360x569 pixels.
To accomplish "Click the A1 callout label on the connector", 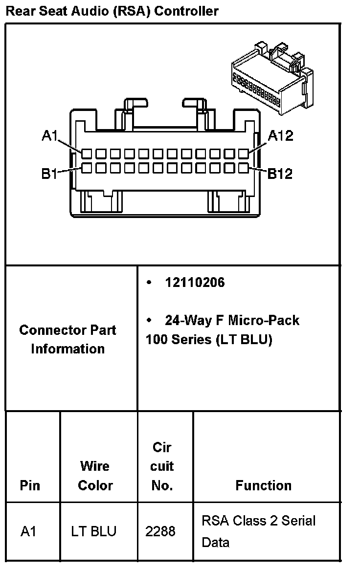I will tap(50, 135).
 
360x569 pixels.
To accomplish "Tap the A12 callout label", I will tap(280, 135).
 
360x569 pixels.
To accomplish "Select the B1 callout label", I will tap(49, 173).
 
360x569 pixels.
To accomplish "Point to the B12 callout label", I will tap(280, 173).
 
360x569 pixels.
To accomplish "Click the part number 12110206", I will tap(195, 283).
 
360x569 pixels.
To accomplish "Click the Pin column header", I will tap(30, 485).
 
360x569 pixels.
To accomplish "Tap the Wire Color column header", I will tap(96, 476).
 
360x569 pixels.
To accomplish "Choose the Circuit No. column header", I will tap(162, 466).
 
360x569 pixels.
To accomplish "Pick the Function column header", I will tap(264, 485).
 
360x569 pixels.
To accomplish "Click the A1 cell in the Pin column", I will tap(29, 531).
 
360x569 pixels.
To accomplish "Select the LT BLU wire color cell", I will tap(94, 531).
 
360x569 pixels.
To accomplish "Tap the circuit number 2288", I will tap(160, 531).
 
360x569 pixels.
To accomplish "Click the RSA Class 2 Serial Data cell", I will tap(259, 531).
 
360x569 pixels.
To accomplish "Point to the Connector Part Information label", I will tap(68, 339).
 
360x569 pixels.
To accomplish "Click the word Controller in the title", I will tap(186, 11).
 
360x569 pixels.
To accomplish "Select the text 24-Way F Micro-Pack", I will tap(232, 321).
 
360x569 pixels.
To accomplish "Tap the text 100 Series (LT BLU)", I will tap(208, 339).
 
